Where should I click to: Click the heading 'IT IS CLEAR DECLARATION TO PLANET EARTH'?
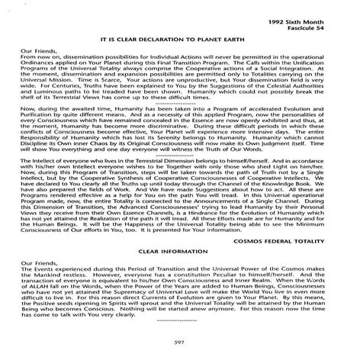tap(180, 37)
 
